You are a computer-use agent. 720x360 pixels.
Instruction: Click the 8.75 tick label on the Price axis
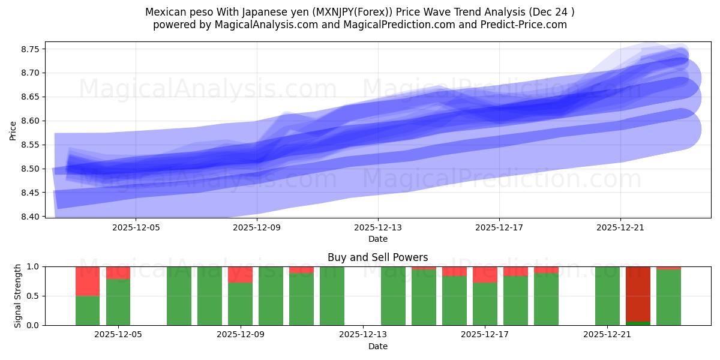click(x=31, y=49)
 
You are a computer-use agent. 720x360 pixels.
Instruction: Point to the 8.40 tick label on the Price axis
click(x=31, y=217)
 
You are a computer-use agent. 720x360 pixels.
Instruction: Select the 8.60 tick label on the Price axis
click(x=31, y=121)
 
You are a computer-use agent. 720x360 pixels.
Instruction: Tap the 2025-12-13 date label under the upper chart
click(x=378, y=227)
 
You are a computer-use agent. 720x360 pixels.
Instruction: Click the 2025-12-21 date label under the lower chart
click(x=608, y=335)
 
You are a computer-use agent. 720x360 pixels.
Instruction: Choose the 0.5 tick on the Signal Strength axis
click(x=34, y=296)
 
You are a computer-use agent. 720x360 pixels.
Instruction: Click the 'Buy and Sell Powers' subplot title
click(x=377, y=257)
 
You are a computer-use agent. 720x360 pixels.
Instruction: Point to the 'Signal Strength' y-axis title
click(x=18, y=295)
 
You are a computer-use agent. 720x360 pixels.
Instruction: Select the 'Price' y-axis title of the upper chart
click(x=13, y=130)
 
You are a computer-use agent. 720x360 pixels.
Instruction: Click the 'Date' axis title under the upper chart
click(x=377, y=239)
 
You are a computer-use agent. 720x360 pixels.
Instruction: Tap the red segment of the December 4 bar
click(x=88, y=281)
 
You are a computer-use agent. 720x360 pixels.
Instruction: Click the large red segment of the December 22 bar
click(x=638, y=293)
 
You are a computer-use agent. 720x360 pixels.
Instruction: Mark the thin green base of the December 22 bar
click(x=638, y=323)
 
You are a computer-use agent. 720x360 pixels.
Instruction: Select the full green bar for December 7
click(x=179, y=296)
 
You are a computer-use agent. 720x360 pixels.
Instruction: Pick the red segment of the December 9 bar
click(x=240, y=274)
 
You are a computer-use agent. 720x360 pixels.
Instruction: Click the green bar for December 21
click(x=607, y=296)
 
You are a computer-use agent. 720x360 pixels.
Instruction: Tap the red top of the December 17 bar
click(x=485, y=274)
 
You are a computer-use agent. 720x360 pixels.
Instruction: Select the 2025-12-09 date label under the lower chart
click(x=241, y=335)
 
